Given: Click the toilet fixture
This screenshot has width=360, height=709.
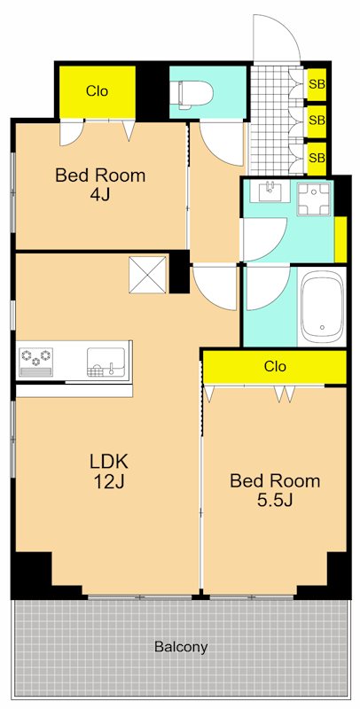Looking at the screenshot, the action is coord(195,95).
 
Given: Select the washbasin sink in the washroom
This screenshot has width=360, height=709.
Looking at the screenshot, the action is coord(271,191).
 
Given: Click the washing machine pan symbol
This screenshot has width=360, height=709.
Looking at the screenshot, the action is coord(315,199).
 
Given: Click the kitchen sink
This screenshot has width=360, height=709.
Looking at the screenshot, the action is coord(106,362).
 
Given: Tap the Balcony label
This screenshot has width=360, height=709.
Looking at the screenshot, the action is coord(181,647).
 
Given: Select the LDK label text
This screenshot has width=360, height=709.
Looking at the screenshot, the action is coord(109,462).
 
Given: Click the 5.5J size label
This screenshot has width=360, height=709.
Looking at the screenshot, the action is coord(276,500).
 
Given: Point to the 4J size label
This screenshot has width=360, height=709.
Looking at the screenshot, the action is coord(100,195).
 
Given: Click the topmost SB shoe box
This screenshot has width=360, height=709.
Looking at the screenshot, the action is coord(317,84).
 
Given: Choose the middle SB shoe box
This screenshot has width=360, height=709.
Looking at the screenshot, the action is coord(317,121).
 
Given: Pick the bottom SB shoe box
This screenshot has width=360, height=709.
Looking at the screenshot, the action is coord(317,159).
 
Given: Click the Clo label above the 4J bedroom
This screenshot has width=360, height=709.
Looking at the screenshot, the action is coord(98,91).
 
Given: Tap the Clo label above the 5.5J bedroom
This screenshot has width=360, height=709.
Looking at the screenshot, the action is coord(276,366).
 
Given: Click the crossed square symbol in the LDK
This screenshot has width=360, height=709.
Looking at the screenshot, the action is coord(148,275).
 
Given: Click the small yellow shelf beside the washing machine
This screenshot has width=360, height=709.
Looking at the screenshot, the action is coord(340,239).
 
